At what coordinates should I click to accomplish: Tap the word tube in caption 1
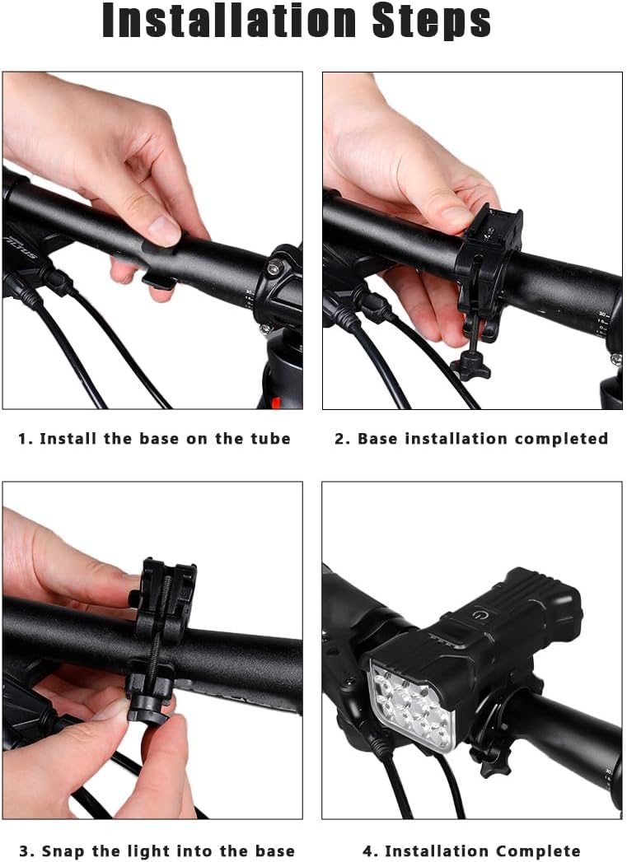click(x=269, y=439)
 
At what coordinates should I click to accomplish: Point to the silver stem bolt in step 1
click(x=272, y=267)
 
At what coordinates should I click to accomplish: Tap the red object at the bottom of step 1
click(x=275, y=403)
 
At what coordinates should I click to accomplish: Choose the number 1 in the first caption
click(x=23, y=439)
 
